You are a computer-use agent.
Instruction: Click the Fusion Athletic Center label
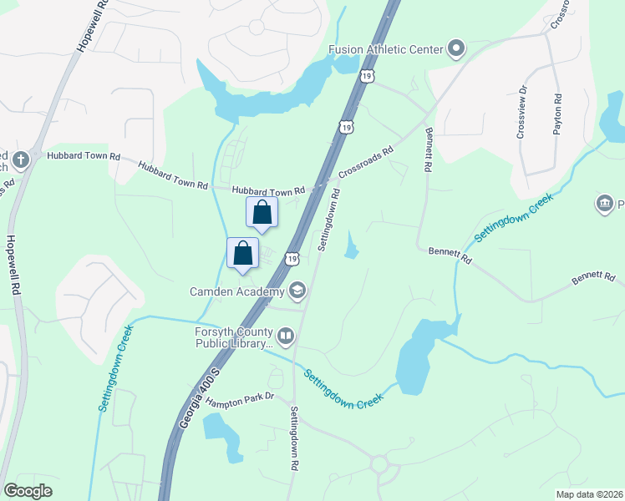coord(385,49)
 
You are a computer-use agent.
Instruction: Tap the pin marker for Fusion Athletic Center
coord(456,49)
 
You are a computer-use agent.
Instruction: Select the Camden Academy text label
coord(237,291)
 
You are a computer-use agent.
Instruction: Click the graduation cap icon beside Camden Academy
coord(297,291)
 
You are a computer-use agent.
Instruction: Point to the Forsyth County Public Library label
coord(228,337)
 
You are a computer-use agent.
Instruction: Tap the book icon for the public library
coord(286,337)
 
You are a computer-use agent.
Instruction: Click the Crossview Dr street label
coord(521,114)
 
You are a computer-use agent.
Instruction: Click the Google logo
coord(28,491)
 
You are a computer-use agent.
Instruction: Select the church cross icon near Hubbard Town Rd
coord(21,158)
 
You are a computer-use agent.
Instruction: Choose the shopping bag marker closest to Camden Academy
coord(242,253)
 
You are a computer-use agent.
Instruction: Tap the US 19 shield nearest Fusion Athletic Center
coord(367,76)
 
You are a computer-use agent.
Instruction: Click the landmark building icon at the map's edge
coord(604,203)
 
